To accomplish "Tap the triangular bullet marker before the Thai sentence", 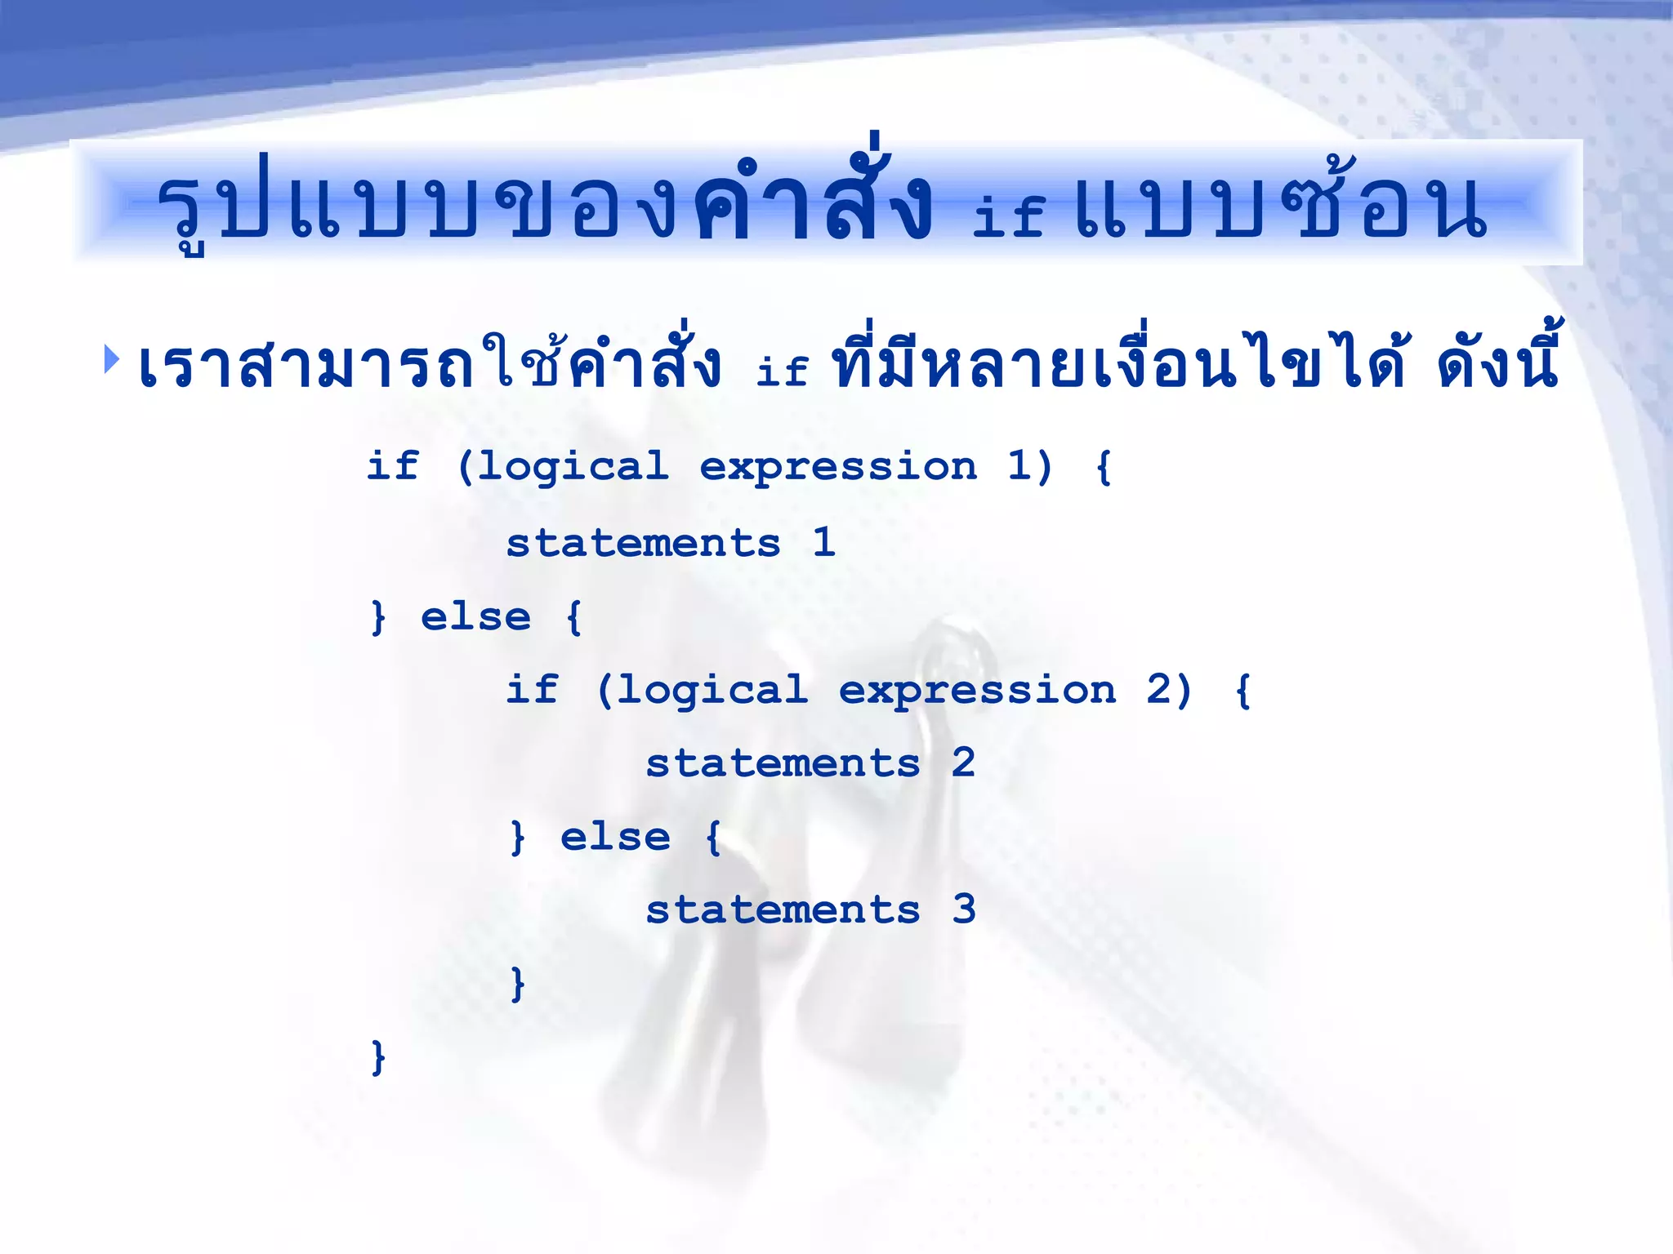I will [112, 359].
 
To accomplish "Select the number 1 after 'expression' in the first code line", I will [1018, 466].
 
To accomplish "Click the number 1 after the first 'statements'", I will [823, 542].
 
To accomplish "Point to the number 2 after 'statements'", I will [963, 763].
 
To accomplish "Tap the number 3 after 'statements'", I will [964, 909].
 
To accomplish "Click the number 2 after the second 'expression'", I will [1158, 690].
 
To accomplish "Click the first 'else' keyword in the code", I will [475, 616].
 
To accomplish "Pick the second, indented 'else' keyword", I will [615, 837].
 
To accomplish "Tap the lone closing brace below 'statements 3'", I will [516, 984].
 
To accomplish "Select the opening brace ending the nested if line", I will [1242, 691].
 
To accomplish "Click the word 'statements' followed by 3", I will [783, 909].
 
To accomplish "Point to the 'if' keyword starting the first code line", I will [393, 466].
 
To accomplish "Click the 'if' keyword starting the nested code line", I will [532, 689].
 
